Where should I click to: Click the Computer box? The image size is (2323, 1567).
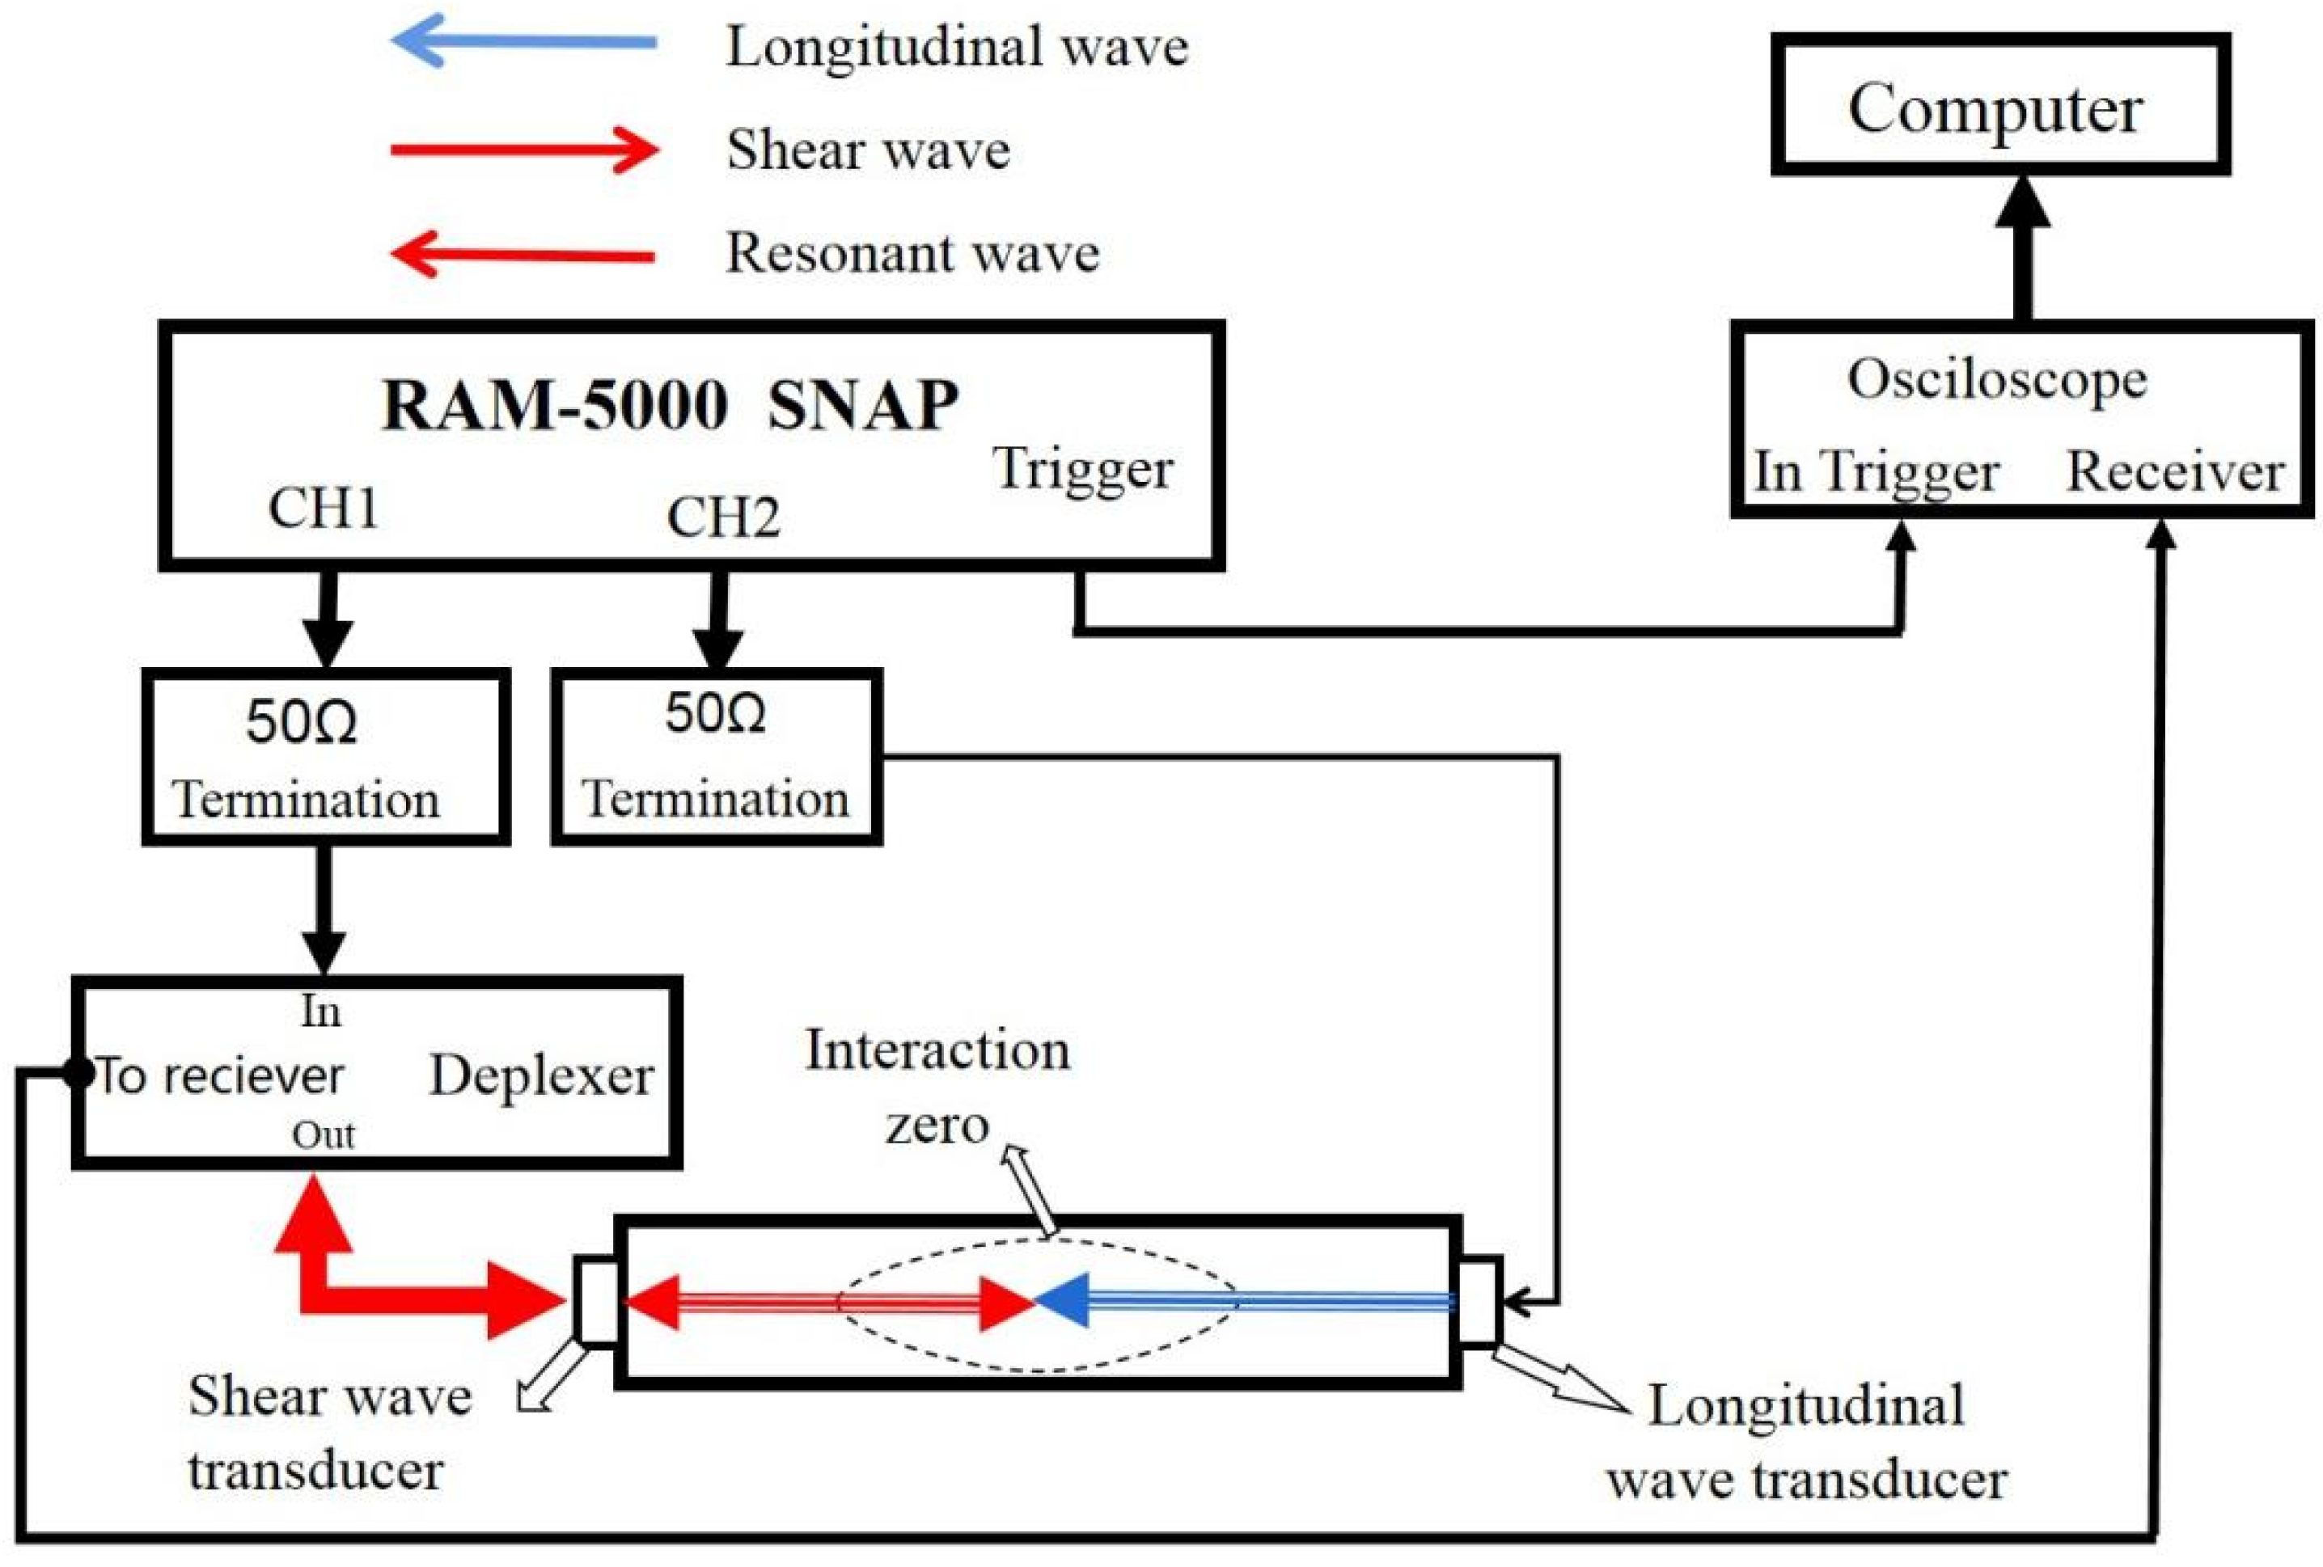coord(1999,105)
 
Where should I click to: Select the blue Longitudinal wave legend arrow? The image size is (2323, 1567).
coord(524,42)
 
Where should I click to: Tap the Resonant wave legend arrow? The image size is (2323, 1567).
coord(524,255)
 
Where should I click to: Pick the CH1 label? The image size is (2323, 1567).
coord(323,508)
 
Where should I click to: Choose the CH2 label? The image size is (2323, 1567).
coord(722,517)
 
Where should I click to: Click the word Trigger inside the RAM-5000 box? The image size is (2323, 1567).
coord(1081,470)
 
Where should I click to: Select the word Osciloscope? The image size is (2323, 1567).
coord(1996,381)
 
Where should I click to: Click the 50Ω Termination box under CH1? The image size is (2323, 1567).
coord(326,758)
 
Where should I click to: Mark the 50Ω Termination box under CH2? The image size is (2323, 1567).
coord(716,758)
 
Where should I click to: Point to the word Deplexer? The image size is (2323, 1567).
coord(541,1076)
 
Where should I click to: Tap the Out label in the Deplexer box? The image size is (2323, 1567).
coord(323,1135)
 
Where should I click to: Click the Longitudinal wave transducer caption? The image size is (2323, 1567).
coord(1805,1442)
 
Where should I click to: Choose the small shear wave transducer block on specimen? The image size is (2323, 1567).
coord(597,1301)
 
